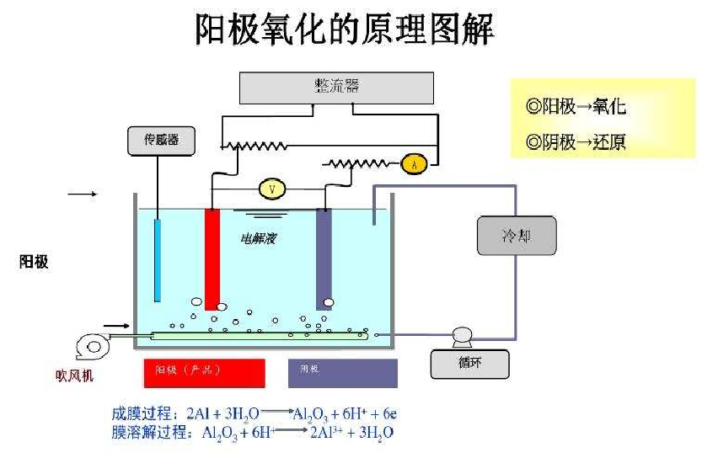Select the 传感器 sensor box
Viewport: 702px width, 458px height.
[161, 141]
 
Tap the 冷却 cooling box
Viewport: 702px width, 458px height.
[517, 236]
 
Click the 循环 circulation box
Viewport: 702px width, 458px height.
[470, 364]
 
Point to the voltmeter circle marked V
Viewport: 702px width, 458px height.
[271, 189]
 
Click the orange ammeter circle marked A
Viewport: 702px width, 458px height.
[413, 163]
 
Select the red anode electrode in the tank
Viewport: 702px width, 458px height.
[212, 257]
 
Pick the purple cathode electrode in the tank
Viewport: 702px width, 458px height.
[324, 257]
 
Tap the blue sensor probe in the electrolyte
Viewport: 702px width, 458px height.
[158, 259]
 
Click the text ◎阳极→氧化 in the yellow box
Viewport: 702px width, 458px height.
[576, 107]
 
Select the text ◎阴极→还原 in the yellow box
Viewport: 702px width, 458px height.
[576, 141]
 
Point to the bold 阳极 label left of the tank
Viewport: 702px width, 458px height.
[34, 262]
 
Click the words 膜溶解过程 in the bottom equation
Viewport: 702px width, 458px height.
[144, 433]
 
